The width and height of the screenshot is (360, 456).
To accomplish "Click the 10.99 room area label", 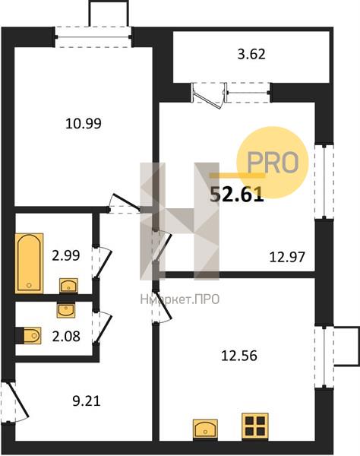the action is click(84, 124).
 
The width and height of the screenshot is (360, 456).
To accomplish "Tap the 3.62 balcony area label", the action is click(251, 55).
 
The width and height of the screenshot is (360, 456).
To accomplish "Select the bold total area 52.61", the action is click(237, 195).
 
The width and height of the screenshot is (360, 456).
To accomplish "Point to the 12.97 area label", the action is click(287, 257).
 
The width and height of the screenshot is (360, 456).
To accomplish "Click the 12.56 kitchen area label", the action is click(239, 356).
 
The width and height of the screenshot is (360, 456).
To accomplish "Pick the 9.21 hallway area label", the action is click(87, 401).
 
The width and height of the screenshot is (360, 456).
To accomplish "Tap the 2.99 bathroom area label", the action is click(65, 255).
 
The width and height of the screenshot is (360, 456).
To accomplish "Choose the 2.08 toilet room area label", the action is click(66, 337).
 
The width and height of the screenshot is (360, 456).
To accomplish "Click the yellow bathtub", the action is click(29, 263).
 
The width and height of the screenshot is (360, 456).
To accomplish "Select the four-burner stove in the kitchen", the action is click(255, 425).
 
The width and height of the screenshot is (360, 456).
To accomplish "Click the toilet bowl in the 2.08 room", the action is click(31, 336).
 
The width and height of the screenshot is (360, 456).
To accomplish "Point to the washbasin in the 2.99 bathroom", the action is click(68, 285).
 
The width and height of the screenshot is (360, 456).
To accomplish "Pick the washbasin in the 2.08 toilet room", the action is click(66, 310).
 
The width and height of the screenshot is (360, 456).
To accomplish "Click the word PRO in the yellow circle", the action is click(273, 163).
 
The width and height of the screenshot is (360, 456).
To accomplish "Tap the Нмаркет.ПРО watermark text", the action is click(179, 299).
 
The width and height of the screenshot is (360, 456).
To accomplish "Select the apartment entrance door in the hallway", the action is click(16, 402).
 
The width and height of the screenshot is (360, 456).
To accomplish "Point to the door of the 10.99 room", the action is click(124, 204).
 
